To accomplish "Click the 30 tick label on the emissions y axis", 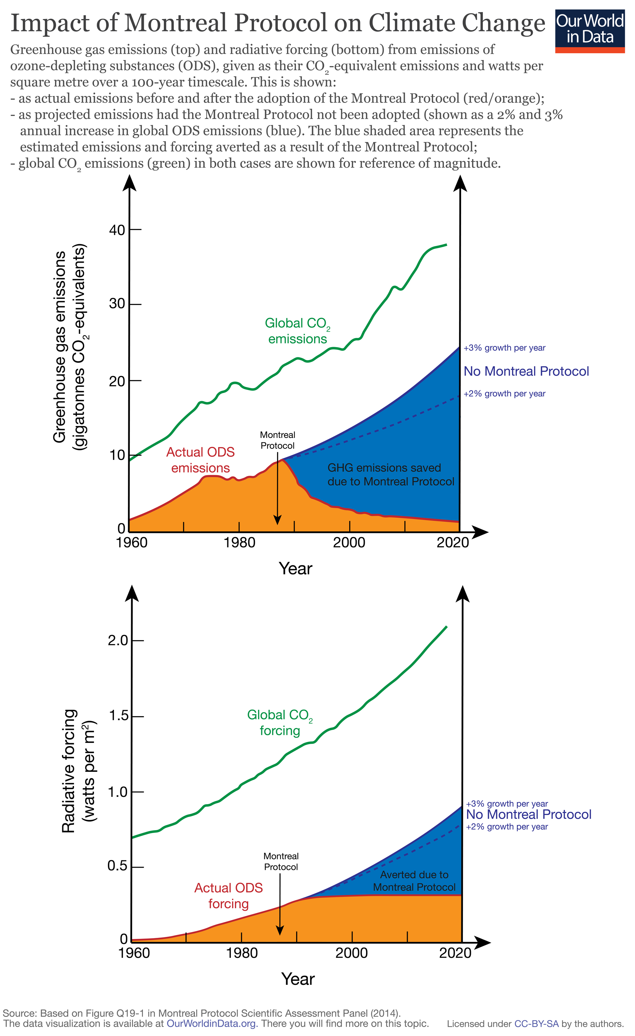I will pyautogui.click(x=117, y=304).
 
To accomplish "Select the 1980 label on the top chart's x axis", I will pyautogui.click(x=239, y=543).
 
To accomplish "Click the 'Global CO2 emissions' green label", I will pyautogui.click(x=297, y=331).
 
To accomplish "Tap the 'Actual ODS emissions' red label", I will pyautogui.click(x=200, y=460).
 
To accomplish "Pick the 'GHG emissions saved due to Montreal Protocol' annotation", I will pyautogui.click(x=391, y=475).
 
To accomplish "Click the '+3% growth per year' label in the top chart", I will pyautogui.click(x=504, y=348).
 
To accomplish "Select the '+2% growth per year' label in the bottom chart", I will pyautogui.click(x=507, y=827).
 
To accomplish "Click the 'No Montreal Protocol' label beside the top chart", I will pyautogui.click(x=526, y=371).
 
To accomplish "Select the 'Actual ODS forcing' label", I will pyautogui.click(x=228, y=896).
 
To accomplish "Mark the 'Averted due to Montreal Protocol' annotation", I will pyautogui.click(x=414, y=881).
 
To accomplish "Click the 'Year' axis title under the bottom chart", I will pyautogui.click(x=297, y=979).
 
